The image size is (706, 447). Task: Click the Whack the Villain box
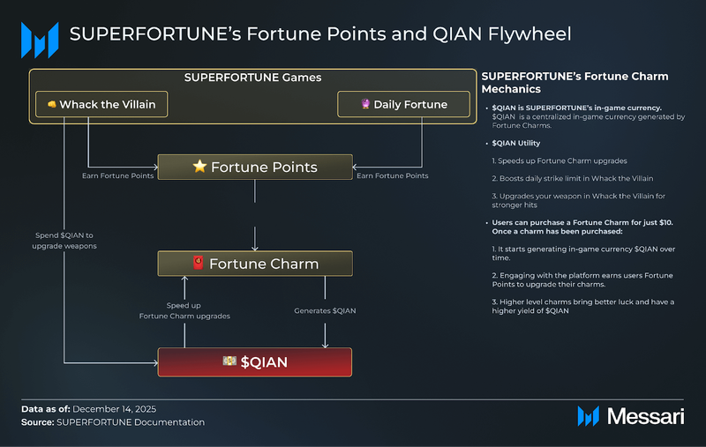click(101, 104)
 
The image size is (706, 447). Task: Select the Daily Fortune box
click(403, 104)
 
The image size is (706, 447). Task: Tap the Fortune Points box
click(255, 167)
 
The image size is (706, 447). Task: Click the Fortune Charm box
click(255, 264)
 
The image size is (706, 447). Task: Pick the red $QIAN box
click(255, 362)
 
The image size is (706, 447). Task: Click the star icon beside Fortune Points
click(199, 167)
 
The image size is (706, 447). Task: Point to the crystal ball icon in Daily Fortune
click(365, 104)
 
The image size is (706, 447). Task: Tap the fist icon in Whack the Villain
click(52, 104)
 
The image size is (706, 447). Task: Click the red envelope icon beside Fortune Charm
click(198, 263)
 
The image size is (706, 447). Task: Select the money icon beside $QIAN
click(229, 361)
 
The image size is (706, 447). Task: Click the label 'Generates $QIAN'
click(325, 310)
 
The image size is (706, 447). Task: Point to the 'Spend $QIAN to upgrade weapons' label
click(64, 241)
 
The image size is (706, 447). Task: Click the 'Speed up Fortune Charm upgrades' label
click(184, 310)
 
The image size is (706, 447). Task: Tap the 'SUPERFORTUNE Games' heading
click(252, 78)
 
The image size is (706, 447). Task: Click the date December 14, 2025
click(115, 409)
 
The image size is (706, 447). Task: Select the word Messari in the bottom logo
click(645, 416)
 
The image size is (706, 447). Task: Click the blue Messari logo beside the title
click(40, 40)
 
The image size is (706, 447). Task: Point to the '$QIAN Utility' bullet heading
click(516, 143)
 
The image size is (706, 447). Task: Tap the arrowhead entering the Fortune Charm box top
click(255, 248)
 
